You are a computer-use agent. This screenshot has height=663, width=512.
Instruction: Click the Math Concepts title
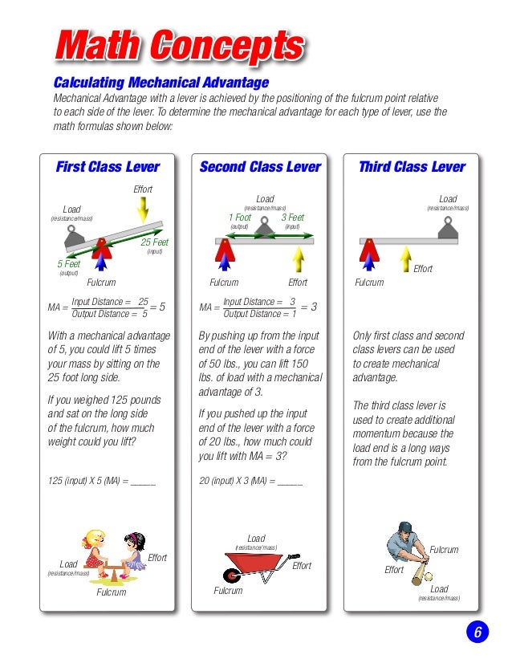point(178,46)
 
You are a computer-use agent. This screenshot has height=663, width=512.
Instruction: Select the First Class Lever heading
point(107,167)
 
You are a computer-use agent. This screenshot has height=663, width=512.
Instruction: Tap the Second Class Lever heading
point(260,167)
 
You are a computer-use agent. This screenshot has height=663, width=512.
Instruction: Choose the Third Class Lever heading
point(411,167)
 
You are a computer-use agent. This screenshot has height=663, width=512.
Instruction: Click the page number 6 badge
point(477,632)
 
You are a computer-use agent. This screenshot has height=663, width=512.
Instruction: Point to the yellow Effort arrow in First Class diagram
point(142,209)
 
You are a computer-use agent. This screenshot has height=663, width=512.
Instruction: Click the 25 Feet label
point(155,242)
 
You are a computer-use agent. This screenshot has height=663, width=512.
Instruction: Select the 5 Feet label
point(68,264)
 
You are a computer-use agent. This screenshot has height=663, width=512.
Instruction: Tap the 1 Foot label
point(240,218)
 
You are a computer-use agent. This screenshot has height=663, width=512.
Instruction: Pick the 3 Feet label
point(292,218)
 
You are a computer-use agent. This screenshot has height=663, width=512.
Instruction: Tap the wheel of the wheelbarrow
point(233,576)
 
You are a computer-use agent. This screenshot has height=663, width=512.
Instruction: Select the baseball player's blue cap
point(404,528)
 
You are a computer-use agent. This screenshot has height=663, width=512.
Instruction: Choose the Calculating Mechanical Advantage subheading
point(161,83)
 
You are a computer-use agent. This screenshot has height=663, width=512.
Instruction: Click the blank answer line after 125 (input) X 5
point(143,482)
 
